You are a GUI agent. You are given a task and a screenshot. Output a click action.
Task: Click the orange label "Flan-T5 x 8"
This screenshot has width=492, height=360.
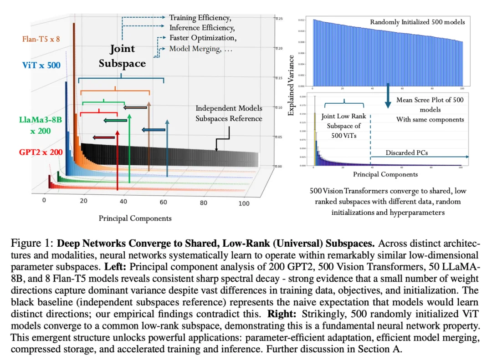coord(41,39)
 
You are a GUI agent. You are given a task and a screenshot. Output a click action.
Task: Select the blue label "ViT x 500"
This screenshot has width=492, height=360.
coord(41,65)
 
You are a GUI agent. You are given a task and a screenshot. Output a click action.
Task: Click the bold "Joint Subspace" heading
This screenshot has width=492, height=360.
coord(122,56)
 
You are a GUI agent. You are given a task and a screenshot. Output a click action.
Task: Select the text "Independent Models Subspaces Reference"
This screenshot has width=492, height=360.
coord(229,113)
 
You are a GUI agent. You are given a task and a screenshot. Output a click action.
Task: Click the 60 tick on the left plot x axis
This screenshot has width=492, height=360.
coord(164,202)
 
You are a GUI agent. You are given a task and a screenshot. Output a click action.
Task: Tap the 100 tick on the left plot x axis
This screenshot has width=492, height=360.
coord(244,203)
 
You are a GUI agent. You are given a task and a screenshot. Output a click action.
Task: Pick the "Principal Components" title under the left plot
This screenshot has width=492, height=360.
coord(135,218)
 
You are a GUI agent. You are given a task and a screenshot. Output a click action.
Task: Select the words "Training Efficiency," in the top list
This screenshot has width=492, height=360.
coord(200,18)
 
